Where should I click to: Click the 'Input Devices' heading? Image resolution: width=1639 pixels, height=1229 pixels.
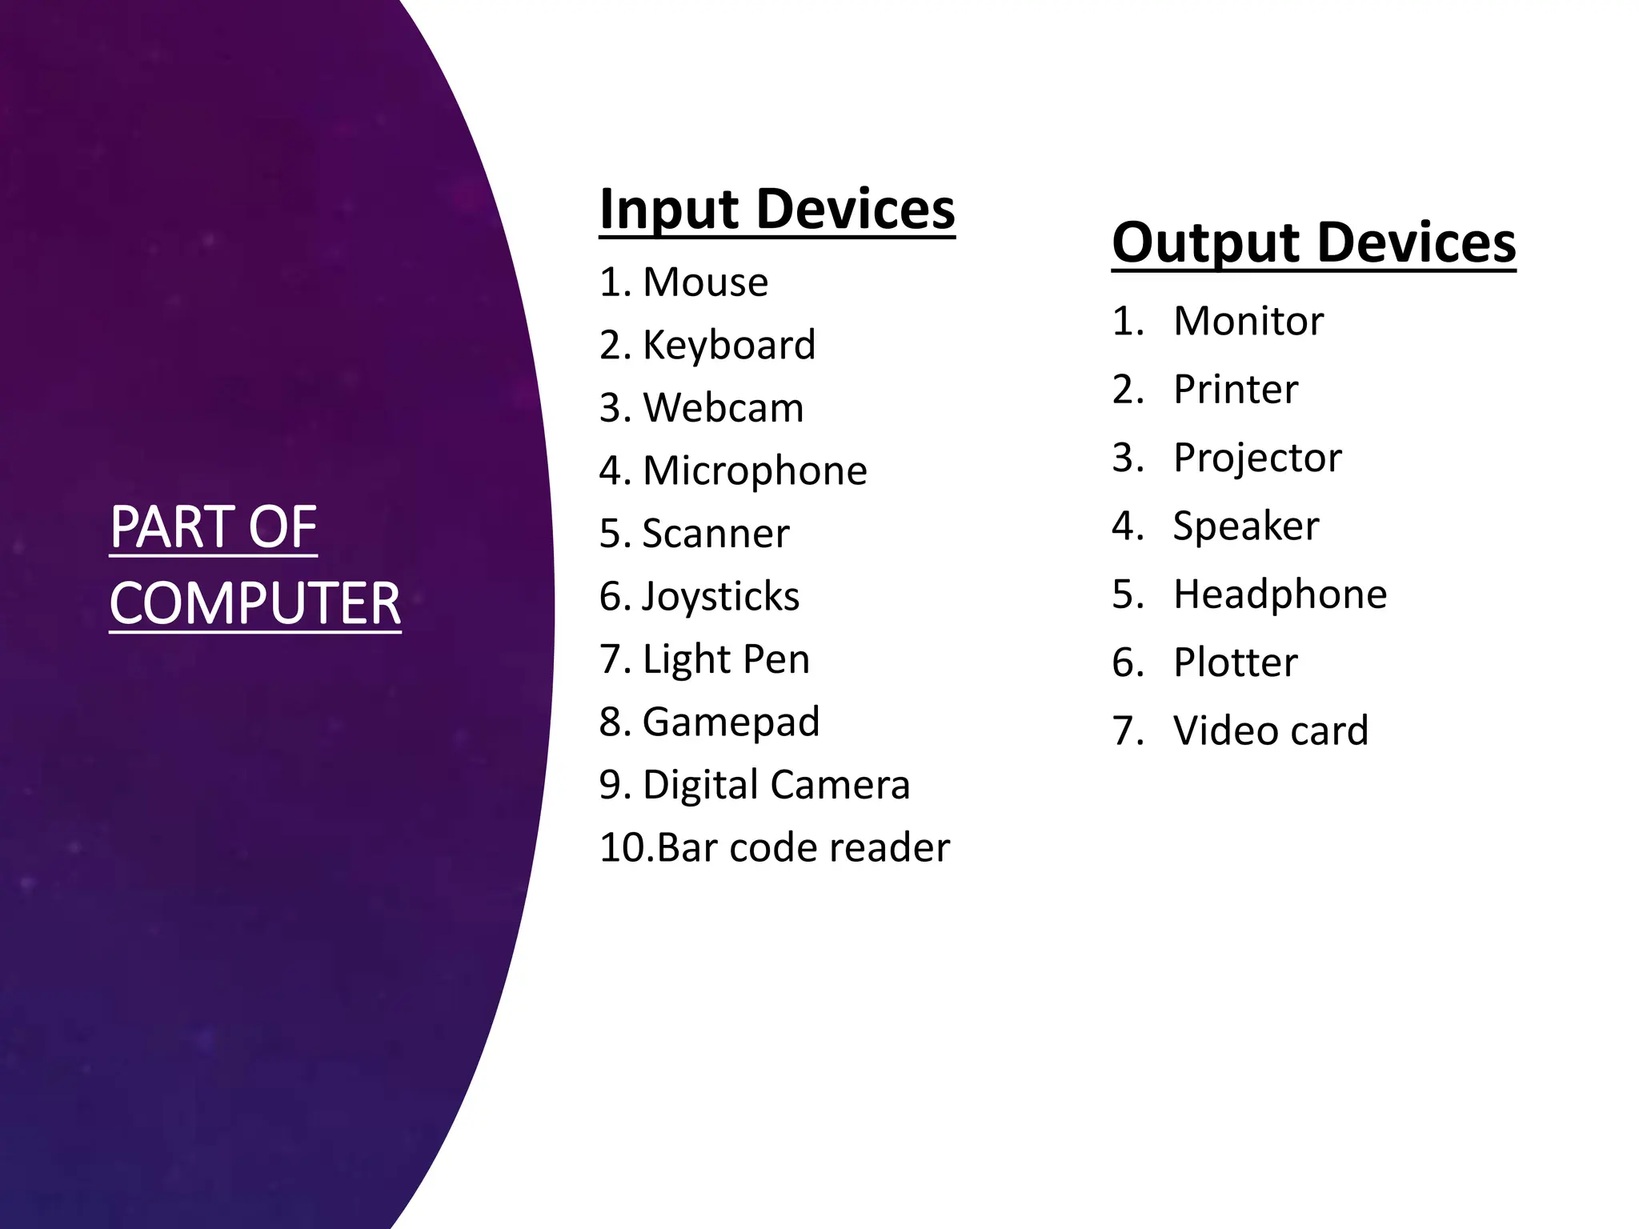pos(776,210)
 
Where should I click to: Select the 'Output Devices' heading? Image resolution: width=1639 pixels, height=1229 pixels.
pos(1313,242)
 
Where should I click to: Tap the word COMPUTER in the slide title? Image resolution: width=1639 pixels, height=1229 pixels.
pos(254,603)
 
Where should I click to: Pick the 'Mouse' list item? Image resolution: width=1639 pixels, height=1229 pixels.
pos(705,282)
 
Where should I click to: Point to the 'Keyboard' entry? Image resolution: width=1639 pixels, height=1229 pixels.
pos(729,346)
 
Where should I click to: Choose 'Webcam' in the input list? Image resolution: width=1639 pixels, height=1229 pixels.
pos(723,408)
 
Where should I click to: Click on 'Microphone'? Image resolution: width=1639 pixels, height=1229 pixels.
pos(755,470)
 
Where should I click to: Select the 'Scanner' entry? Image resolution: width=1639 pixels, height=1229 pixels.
pos(715,534)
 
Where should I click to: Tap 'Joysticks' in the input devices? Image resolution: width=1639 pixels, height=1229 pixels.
pos(720,597)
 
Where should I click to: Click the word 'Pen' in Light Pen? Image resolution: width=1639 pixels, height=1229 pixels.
pos(776,659)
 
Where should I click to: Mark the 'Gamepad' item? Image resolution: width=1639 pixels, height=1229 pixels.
pos(731,722)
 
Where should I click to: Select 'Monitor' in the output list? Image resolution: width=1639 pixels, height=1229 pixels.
pos(1248,322)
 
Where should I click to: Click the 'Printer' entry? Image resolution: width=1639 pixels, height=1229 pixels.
pos(1235,390)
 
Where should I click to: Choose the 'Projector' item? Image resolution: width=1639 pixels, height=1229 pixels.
pos(1256,458)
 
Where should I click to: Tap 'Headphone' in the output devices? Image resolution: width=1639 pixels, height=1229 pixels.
pos(1280,594)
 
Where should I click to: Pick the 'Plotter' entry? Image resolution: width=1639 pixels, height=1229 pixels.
pos(1235,663)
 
